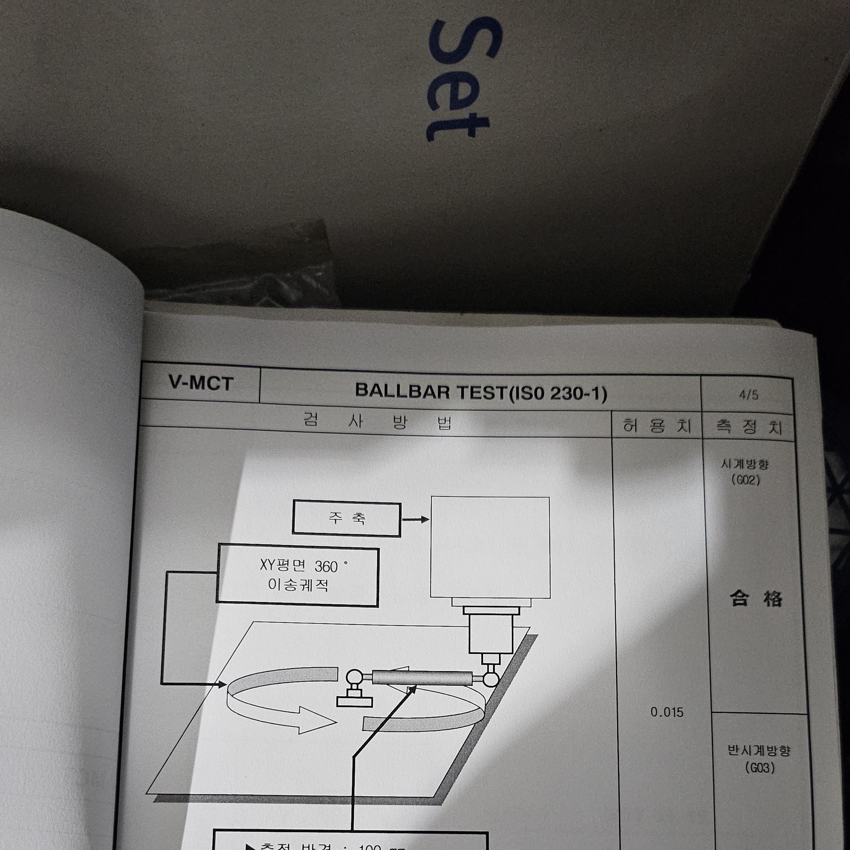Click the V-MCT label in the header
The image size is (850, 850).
[x=201, y=383]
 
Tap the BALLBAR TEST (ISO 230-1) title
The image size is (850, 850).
[x=481, y=392]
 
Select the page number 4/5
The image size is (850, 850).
[x=748, y=395]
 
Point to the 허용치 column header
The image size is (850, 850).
[x=657, y=426]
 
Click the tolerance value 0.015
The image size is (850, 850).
[x=667, y=712]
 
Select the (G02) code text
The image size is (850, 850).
[x=746, y=480]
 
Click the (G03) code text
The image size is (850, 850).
[x=760, y=768]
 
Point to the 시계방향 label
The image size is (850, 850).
[x=745, y=464]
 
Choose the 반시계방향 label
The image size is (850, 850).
[x=759, y=751]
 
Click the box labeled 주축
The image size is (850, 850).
[x=347, y=518]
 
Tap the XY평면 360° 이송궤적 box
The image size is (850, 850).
[x=297, y=576]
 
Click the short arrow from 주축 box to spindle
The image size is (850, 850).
[x=415, y=519]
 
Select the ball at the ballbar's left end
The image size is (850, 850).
[x=355, y=677]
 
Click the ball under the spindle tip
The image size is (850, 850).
[x=491, y=679]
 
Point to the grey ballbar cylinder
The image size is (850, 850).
[x=422, y=678]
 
